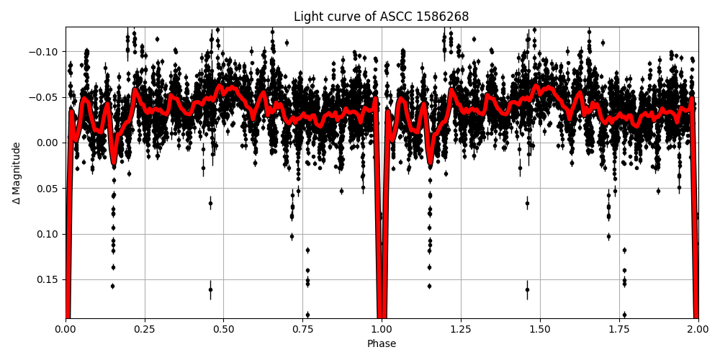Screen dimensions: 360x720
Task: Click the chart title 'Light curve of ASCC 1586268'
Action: tap(382, 17)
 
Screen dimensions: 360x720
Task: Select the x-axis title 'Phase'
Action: tap(382, 344)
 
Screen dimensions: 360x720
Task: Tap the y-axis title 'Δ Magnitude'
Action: tap(17, 173)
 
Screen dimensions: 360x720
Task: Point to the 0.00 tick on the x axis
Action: tap(66, 330)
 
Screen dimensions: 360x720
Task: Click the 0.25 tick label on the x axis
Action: tap(145, 330)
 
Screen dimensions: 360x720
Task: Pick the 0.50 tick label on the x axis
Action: tap(223, 330)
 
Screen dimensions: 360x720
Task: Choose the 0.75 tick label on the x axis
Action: tap(302, 330)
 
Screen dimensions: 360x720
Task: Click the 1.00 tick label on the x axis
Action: tap(382, 330)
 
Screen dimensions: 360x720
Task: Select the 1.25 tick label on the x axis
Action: tap(461, 330)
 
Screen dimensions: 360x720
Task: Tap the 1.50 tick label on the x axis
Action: tap(540, 330)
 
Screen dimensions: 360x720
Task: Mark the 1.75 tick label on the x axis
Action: tap(619, 330)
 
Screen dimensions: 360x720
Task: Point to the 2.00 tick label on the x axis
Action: tap(698, 330)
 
